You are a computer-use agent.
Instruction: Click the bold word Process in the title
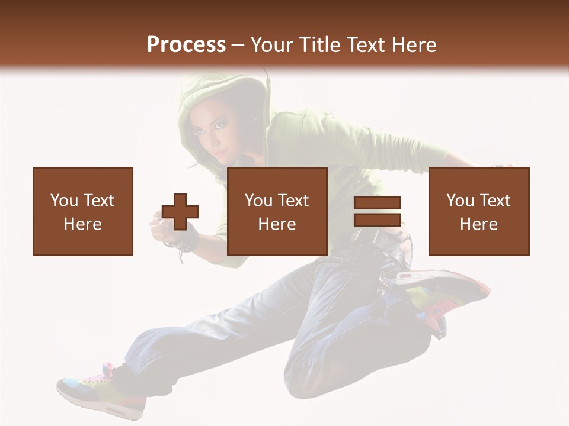pyautogui.click(x=186, y=45)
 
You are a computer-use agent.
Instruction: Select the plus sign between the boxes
pyautogui.click(x=180, y=211)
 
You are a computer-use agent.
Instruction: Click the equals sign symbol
pyautogui.click(x=377, y=211)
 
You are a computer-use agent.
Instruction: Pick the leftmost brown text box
pyautogui.click(x=83, y=211)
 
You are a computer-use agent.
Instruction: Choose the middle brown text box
pyautogui.click(x=277, y=211)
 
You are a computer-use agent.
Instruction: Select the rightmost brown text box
pyautogui.click(x=479, y=211)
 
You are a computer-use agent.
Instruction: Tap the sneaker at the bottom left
pyautogui.click(x=98, y=390)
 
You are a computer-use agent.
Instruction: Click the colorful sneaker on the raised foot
pyautogui.click(x=445, y=293)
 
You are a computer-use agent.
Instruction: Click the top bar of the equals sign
pyautogui.click(x=377, y=203)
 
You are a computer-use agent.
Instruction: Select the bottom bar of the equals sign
pyautogui.click(x=377, y=220)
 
